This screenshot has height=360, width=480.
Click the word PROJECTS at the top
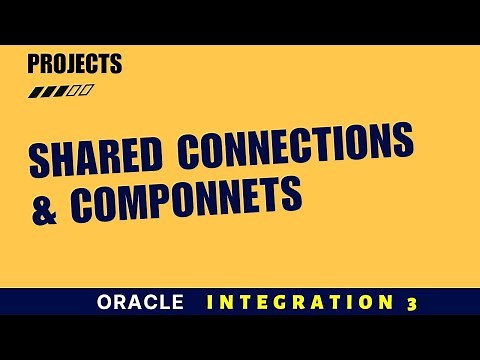(x=74, y=65)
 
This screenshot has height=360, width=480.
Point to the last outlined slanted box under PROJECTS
(x=88, y=92)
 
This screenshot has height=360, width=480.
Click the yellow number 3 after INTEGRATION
(x=411, y=304)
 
